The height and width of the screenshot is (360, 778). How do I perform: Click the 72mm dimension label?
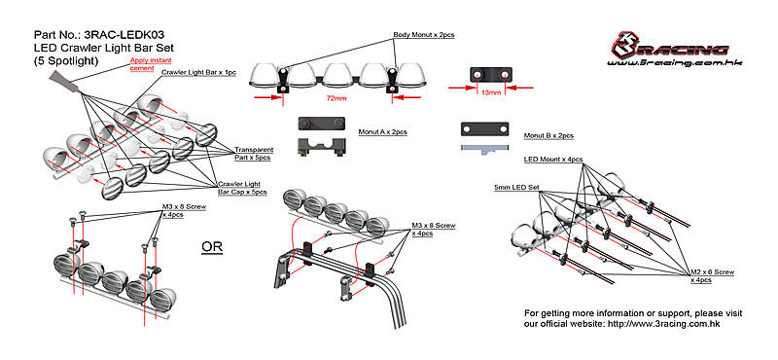click(336, 98)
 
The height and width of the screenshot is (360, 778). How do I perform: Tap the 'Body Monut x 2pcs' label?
click(424, 35)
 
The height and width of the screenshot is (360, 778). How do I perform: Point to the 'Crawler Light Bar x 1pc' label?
click(198, 73)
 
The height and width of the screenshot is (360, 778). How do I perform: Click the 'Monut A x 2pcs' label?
click(382, 132)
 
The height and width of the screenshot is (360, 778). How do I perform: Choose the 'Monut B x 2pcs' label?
click(548, 135)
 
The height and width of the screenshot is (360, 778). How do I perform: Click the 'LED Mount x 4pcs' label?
click(553, 159)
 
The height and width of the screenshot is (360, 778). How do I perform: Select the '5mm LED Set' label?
click(516, 188)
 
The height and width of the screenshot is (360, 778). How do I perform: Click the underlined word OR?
click(212, 247)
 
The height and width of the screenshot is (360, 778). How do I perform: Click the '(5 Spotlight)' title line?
click(66, 61)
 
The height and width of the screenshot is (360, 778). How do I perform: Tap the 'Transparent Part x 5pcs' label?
click(254, 154)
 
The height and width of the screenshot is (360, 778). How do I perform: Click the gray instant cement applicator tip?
click(64, 82)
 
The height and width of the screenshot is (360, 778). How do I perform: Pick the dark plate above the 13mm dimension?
click(491, 75)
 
